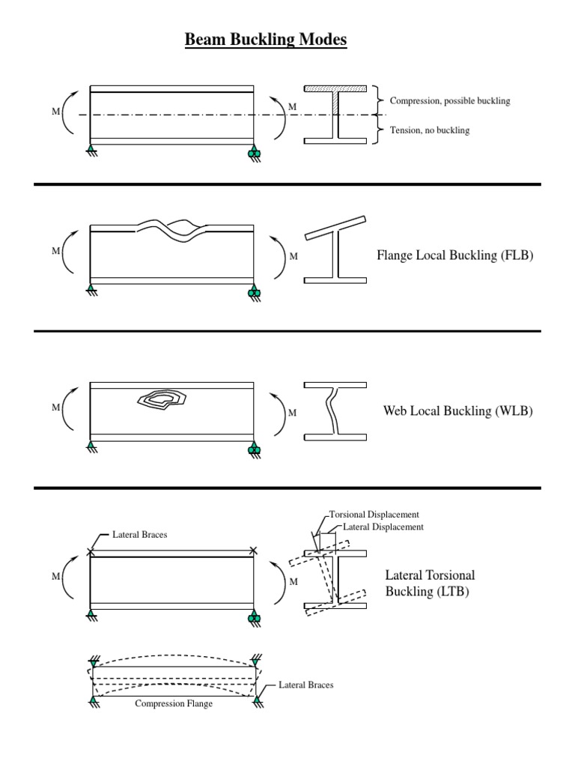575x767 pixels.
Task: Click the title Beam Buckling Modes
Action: pos(266,40)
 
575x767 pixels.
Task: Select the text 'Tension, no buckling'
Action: pos(430,130)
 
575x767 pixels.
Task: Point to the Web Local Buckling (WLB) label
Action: pos(457,410)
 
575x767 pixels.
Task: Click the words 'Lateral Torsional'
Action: pos(430,575)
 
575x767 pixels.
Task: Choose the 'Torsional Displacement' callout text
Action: pos(374,515)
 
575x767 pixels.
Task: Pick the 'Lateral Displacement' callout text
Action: pos(383,527)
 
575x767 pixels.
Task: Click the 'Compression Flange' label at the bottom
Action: pos(174,704)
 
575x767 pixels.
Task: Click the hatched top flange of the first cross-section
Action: pos(335,88)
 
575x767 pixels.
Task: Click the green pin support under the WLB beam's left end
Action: pos(91,447)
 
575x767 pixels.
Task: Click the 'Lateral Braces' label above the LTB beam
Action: pos(140,535)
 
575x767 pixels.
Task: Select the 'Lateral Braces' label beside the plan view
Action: pos(306,685)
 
